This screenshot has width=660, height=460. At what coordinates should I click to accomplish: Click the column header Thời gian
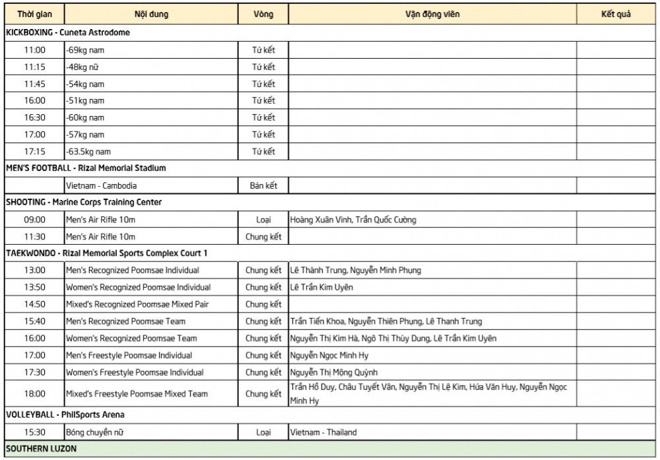34,14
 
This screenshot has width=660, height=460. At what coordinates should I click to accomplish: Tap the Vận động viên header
432,14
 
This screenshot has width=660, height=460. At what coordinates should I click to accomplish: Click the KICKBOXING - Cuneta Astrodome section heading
68,32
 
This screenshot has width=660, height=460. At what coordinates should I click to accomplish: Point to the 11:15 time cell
34,67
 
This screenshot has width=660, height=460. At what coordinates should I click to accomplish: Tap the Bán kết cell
263,185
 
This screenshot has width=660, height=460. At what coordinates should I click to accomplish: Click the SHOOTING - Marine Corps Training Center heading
84,202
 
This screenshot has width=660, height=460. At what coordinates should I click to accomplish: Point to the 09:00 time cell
34,219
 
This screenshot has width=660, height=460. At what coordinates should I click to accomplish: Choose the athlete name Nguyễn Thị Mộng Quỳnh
334,372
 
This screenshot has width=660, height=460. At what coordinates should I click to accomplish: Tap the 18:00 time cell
34,393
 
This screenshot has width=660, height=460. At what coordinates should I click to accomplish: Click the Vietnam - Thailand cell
323,432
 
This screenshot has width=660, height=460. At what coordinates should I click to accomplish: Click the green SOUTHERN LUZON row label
41,449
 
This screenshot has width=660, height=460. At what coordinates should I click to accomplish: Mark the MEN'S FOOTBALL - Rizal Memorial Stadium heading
86,168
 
